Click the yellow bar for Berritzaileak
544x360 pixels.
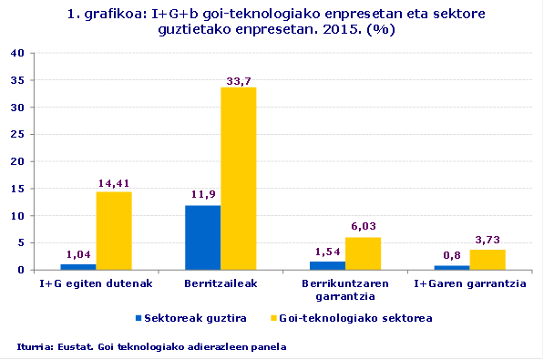point(239,179)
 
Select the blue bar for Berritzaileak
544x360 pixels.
point(202,238)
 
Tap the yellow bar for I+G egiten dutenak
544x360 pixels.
point(114,231)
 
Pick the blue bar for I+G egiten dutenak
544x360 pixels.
point(78,267)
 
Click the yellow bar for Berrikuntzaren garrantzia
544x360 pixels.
point(363,253)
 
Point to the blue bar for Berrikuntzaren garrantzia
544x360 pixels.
point(327,266)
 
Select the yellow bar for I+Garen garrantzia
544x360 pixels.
point(488,260)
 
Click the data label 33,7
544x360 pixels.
point(239,81)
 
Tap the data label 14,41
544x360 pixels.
point(114,185)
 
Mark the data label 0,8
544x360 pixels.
point(452,257)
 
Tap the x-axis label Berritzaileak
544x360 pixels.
point(221,284)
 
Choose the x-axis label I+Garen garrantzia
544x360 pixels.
point(470,284)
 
